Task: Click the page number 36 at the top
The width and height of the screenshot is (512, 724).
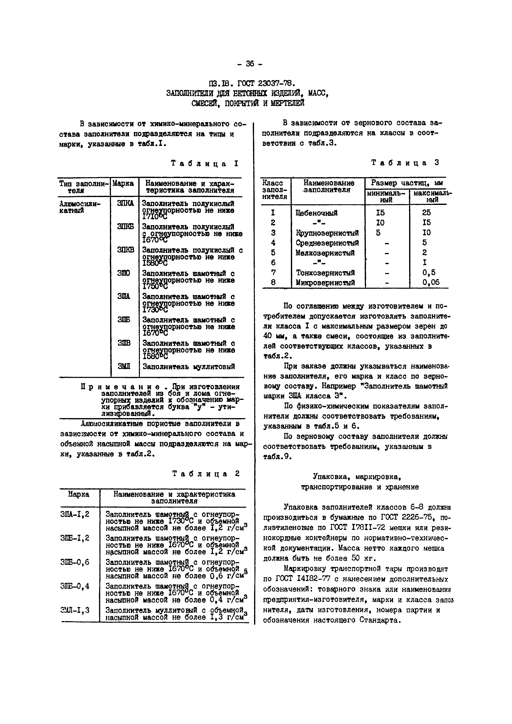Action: coord(250,64)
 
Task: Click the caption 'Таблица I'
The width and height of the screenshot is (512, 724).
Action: coord(205,163)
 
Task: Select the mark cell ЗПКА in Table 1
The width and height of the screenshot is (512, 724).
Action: coord(125,204)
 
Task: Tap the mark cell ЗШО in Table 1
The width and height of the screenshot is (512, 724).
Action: coord(124,273)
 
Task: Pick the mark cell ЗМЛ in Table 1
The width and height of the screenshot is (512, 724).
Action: coord(124,366)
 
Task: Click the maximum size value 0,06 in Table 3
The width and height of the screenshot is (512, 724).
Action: coord(431,283)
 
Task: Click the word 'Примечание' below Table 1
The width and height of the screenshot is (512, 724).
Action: coord(120,387)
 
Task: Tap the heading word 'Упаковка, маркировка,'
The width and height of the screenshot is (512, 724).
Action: coord(357,476)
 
